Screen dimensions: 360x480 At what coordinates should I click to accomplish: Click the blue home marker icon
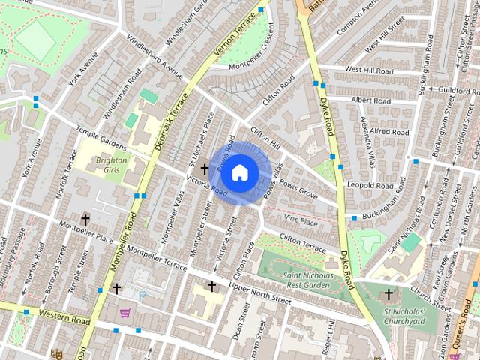pos(239,172)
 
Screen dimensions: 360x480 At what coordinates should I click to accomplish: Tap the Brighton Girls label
pos(112,165)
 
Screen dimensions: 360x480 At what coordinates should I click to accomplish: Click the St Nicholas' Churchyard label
pos(404,316)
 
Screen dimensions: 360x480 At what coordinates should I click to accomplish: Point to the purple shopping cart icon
pos(125,313)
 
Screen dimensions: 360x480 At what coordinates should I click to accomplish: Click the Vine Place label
pos(301,220)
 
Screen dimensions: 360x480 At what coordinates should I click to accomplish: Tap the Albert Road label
pos(370,100)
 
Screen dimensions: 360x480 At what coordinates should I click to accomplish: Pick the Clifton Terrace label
pos(303,242)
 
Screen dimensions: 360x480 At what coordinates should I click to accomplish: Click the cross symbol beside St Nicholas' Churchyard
pos(388,295)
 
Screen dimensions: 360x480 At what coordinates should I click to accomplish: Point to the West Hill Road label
pos(369,70)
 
